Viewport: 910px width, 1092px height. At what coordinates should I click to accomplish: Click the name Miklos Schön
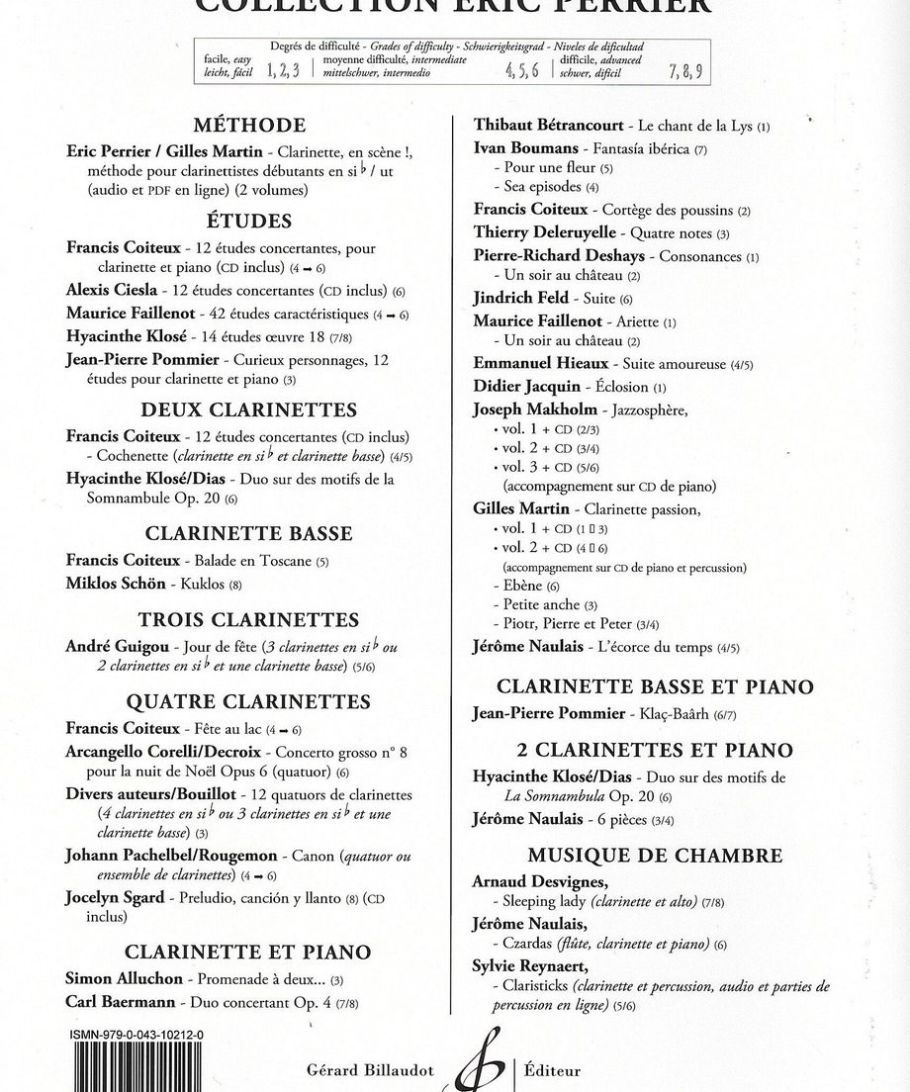(x=119, y=583)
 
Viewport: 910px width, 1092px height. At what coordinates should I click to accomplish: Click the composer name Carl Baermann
(x=120, y=1001)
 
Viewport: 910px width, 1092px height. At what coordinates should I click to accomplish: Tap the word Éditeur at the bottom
(x=553, y=1070)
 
